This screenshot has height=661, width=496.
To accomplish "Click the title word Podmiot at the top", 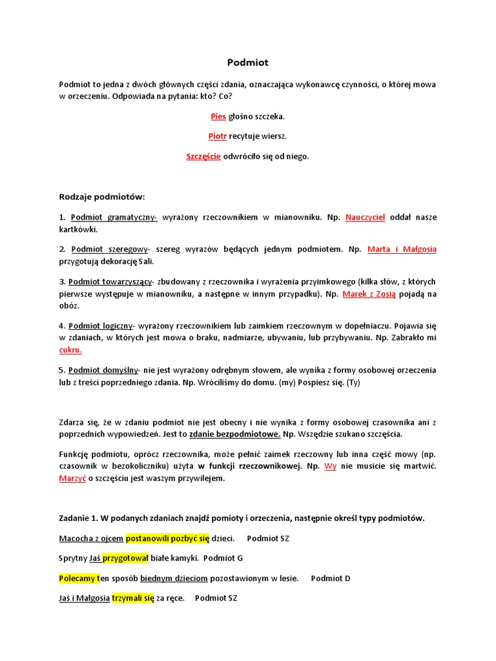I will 247,63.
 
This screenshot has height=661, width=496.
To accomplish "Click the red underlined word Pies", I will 218,116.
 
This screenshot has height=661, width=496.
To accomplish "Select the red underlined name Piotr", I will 218,136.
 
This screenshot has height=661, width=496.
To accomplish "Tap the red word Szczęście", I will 203,156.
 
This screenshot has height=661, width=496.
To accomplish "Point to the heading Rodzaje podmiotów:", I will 102,196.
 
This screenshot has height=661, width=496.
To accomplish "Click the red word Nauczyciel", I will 365,218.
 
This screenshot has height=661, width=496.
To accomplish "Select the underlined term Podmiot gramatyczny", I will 114,218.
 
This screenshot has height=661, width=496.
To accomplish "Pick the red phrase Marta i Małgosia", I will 402,249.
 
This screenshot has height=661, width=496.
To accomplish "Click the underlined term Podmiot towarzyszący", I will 110,281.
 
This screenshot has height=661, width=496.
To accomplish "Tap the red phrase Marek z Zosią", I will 369,294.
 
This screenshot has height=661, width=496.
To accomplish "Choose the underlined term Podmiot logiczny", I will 101,326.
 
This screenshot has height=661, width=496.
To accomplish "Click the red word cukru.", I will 70,350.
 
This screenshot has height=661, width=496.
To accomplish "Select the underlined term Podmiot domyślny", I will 103,370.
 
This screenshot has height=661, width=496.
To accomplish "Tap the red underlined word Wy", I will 330,466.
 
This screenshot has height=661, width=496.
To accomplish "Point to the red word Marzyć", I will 72,478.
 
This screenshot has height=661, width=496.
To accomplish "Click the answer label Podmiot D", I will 330,578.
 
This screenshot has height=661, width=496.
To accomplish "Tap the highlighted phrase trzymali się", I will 133,598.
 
